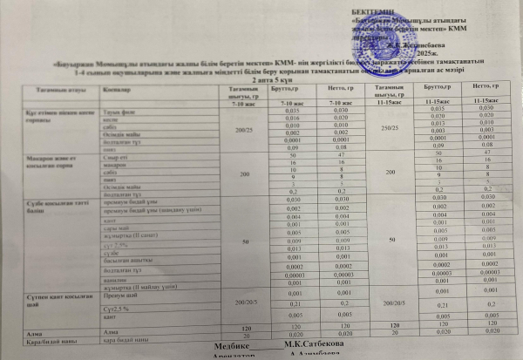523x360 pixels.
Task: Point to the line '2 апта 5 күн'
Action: point(261,79)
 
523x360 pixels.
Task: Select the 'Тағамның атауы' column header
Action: point(51,90)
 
